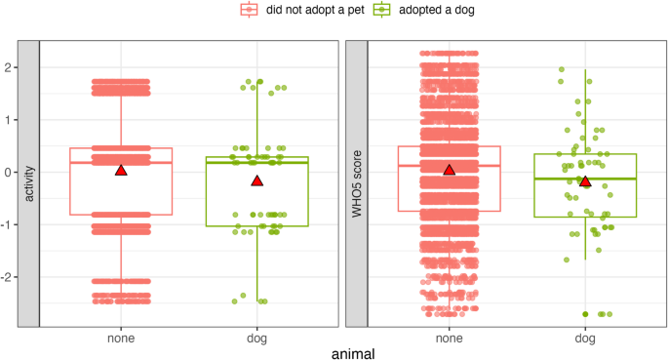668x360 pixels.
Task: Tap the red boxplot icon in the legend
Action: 250,10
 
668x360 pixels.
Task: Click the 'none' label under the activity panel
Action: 121,339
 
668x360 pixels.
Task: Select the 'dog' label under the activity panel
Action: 257,339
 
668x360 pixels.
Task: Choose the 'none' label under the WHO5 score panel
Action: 450,339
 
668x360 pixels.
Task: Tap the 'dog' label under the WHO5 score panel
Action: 585,339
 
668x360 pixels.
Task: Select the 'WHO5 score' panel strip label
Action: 357,184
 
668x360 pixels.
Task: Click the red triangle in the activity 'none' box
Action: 121,170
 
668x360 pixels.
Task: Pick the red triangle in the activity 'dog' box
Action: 257,180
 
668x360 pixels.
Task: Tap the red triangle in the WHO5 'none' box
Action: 450,170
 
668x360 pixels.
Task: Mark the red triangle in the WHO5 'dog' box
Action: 585,180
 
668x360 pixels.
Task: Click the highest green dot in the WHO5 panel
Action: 562,70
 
